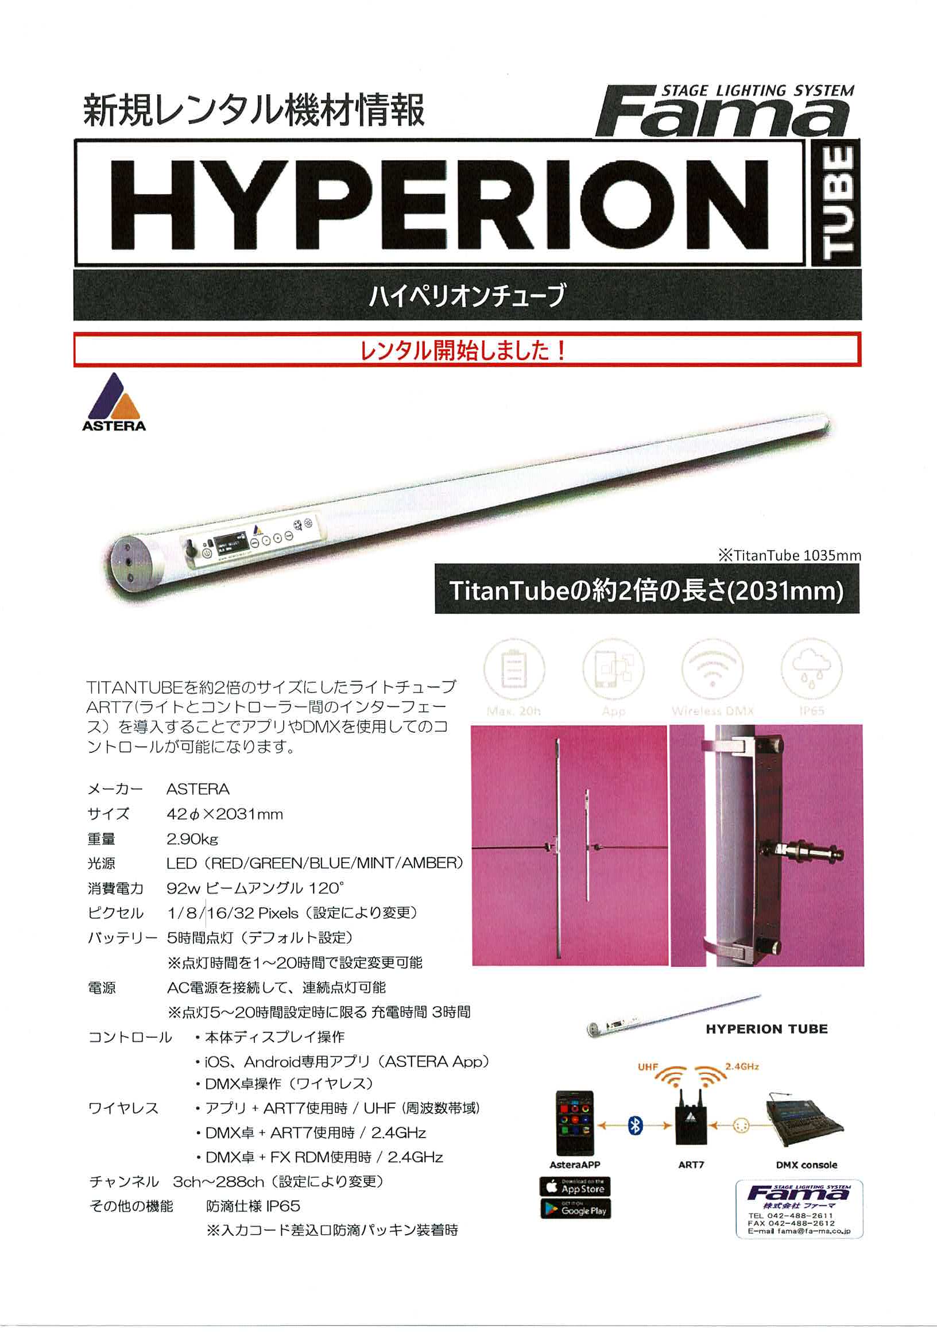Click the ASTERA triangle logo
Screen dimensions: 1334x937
114,401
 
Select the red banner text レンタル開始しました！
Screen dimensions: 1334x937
463,350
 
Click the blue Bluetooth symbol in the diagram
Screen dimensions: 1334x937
636,1126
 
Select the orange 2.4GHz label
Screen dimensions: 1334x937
742,1067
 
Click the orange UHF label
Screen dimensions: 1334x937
648,1068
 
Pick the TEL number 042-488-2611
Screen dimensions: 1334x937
791,1216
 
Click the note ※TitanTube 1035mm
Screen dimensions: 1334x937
789,555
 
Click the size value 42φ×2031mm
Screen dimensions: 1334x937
225,814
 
